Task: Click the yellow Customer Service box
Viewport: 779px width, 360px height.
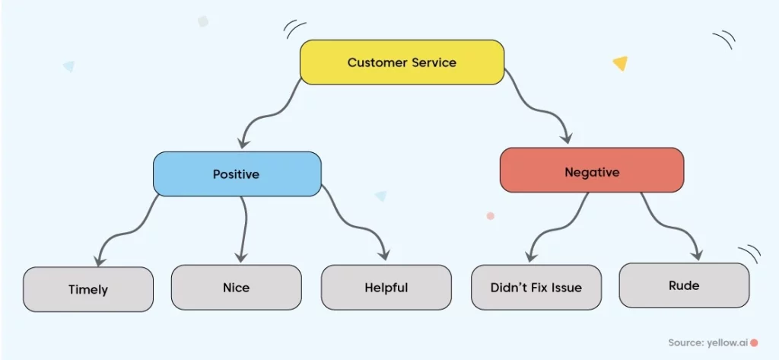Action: tap(402, 62)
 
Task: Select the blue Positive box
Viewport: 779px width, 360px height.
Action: tap(237, 174)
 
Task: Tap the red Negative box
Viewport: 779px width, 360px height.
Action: tap(592, 170)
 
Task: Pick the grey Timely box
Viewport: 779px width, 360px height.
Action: tap(88, 289)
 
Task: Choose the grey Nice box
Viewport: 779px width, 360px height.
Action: tap(236, 288)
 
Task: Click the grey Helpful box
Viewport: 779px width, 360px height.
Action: tap(386, 288)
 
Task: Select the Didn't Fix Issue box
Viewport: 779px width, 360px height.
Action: tap(536, 288)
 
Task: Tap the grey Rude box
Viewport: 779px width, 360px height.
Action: tap(684, 285)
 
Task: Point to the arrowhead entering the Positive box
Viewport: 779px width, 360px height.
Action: tap(243, 143)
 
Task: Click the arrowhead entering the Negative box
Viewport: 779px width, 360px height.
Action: tap(566, 137)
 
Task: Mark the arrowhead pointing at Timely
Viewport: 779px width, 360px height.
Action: tap(100, 260)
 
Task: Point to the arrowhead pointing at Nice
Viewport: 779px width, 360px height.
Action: tap(241, 256)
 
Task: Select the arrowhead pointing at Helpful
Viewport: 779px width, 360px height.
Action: tap(383, 254)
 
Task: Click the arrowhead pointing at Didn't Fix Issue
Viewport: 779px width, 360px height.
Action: tap(530, 256)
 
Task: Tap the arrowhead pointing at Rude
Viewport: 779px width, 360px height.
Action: tap(697, 254)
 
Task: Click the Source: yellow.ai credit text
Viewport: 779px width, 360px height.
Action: tap(708, 342)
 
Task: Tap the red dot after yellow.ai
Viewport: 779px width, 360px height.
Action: tap(754, 342)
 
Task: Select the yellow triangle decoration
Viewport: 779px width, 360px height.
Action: tap(621, 62)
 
